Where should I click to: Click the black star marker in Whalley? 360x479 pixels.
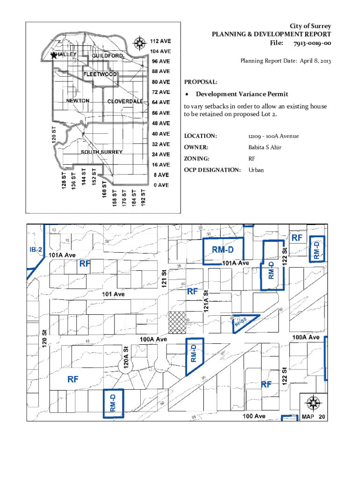(x=53, y=55)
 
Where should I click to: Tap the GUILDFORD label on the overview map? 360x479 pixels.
(x=108, y=56)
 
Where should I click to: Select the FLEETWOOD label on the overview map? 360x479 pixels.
(x=100, y=74)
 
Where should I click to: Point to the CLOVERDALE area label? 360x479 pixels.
(x=125, y=102)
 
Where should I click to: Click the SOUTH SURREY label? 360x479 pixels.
(x=102, y=152)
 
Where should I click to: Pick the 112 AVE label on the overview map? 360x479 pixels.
(x=160, y=40)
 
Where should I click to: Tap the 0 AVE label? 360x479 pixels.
(x=162, y=185)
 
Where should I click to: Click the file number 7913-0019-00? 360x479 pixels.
(x=312, y=43)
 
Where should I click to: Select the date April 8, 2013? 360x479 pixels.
(x=310, y=61)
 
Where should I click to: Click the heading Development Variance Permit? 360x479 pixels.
(x=242, y=94)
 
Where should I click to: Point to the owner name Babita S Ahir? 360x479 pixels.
(x=265, y=148)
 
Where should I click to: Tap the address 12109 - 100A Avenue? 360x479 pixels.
(x=274, y=136)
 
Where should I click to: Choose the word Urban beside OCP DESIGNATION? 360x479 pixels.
(x=256, y=170)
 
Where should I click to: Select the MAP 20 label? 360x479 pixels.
(x=313, y=417)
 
